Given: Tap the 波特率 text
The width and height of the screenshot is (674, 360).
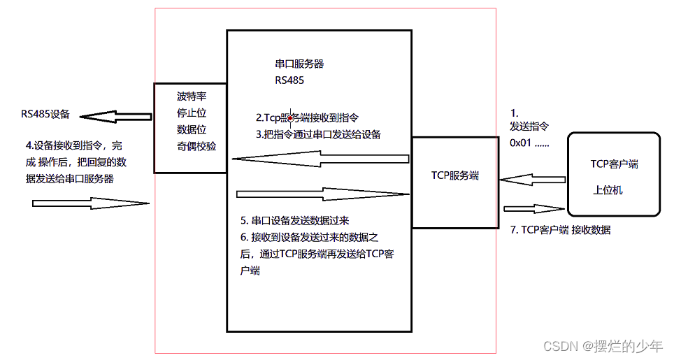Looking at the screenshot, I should point(192,96).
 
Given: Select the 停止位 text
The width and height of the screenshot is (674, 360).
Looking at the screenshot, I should point(192,113).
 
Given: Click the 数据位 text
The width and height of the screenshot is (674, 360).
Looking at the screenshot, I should point(192,129).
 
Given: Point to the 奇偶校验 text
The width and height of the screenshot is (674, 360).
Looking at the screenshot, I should point(196,146).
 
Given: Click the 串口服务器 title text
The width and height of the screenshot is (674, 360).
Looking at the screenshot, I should point(300,64).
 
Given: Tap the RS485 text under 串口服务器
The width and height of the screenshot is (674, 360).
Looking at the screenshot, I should point(289,80).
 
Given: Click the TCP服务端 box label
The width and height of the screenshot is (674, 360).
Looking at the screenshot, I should point(455,176).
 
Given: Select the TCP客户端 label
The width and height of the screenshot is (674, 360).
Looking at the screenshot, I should point(614,165).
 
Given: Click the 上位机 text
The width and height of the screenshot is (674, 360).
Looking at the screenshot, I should point(608,189).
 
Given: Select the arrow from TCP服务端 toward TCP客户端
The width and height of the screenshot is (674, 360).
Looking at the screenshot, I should point(533,208).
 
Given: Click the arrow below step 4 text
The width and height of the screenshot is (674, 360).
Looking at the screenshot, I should point(91,203).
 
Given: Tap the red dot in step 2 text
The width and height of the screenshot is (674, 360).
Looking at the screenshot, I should point(289,119).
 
